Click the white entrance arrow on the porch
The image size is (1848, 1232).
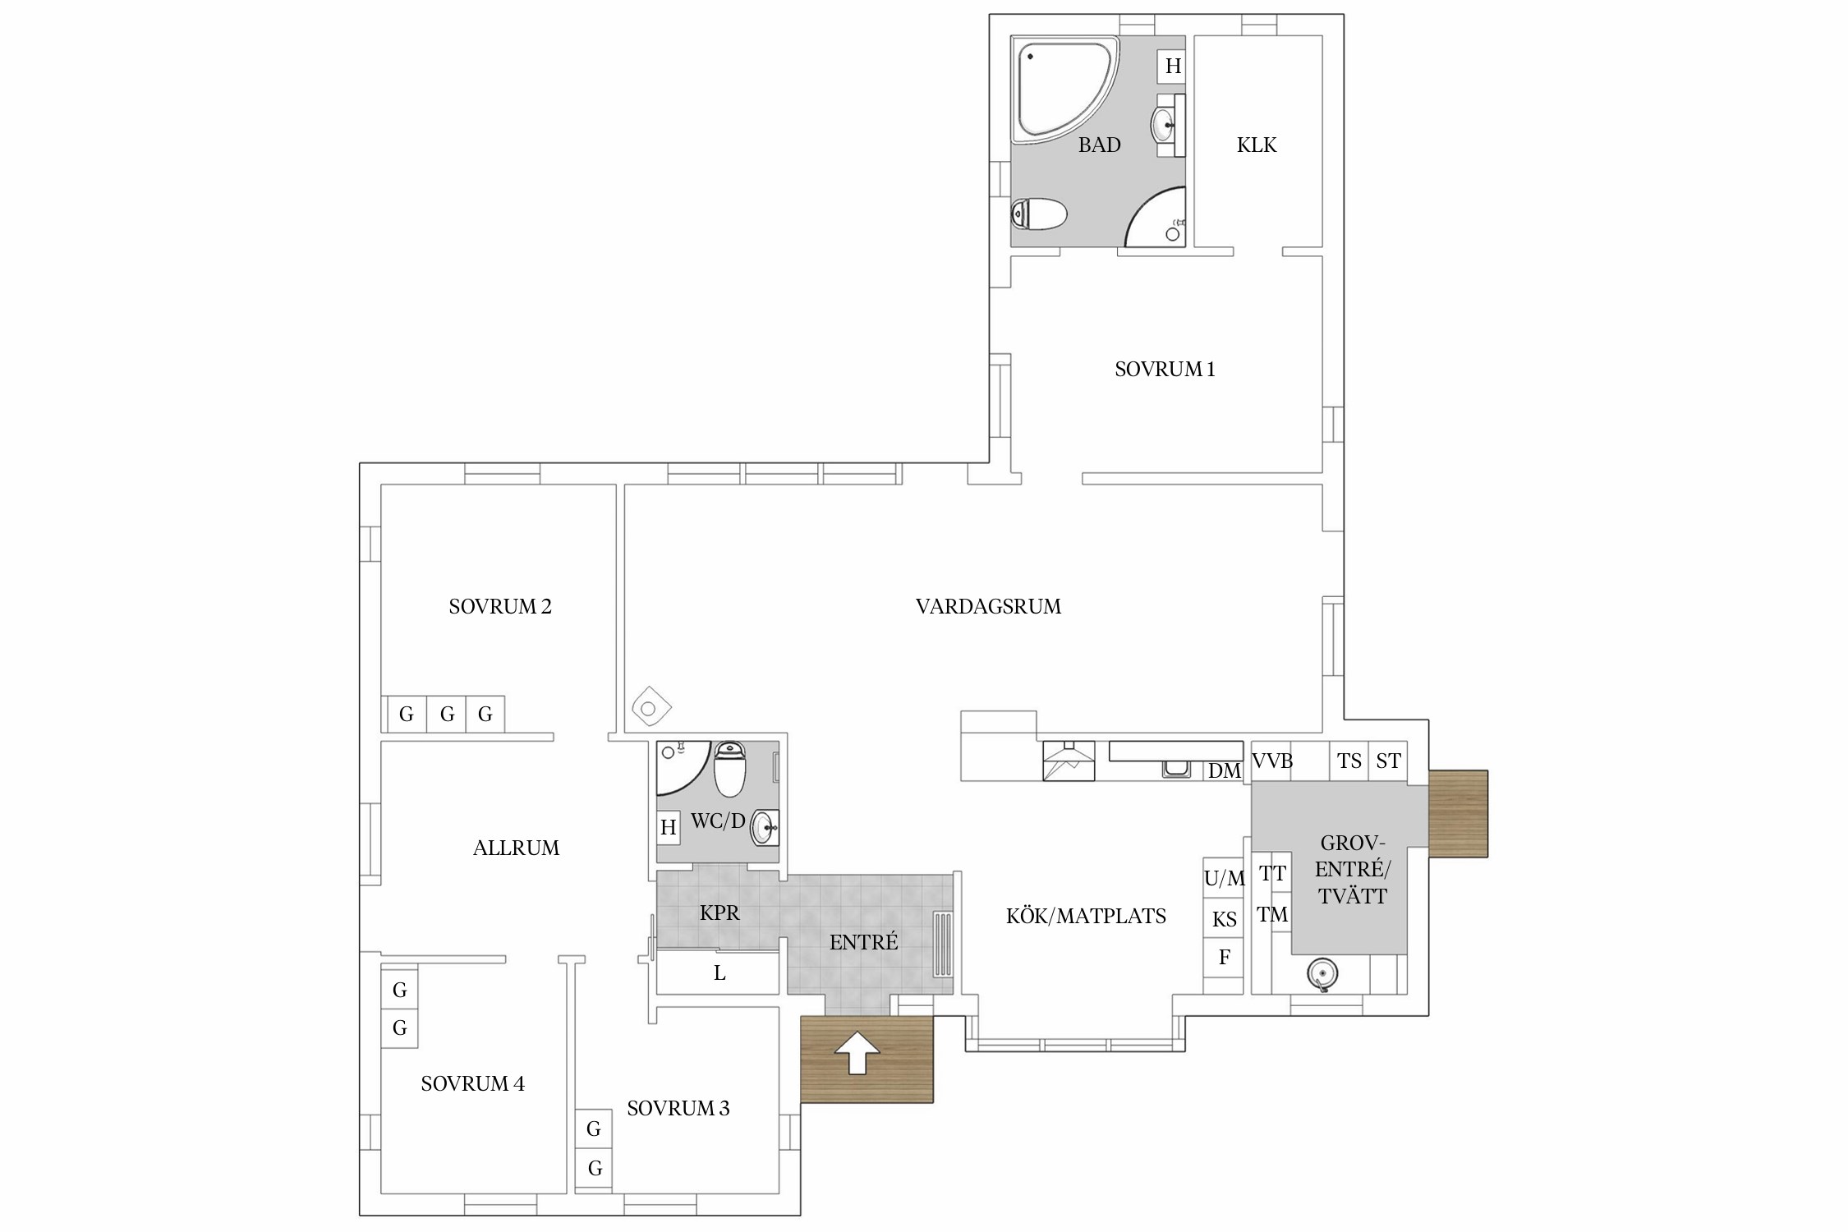857,1052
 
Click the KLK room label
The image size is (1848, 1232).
1257,145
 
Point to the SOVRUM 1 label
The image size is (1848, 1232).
1165,370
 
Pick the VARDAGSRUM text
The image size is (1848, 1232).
988,607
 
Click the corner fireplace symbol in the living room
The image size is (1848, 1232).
651,707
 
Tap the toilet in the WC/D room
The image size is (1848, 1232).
729,769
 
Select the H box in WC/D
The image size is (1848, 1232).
669,827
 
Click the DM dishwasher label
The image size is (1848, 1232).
1224,771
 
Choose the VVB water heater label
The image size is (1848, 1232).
1272,761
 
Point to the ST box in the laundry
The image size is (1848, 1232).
1388,761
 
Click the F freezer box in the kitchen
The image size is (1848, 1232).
1224,957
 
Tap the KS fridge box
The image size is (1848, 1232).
1224,919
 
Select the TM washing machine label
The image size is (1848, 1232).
1272,915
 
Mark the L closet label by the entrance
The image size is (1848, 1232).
719,974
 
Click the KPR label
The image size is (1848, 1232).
719,913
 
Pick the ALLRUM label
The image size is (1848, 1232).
516,848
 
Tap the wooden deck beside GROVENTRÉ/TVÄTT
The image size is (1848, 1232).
1459,814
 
